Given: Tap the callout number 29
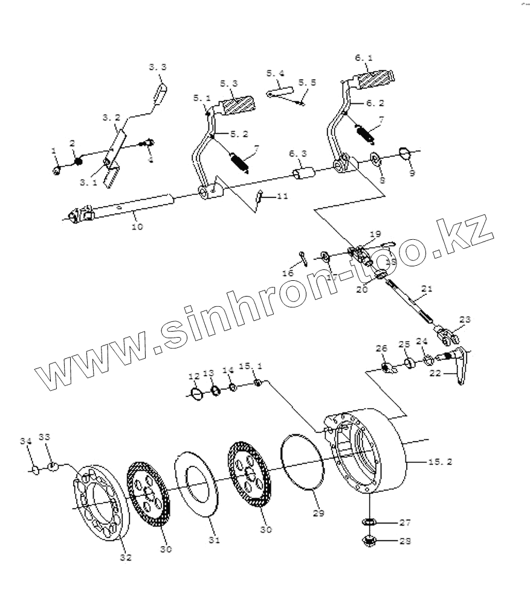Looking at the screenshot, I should click(318, 513).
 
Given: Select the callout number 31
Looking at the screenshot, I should click(213, 539).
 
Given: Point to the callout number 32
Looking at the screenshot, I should click(125, 557).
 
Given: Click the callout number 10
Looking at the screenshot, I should click(137, 226).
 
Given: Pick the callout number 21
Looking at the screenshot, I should click(427, 290).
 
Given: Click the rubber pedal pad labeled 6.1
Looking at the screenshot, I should click(374, 79).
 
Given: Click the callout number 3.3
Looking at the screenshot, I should click(157, 67).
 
